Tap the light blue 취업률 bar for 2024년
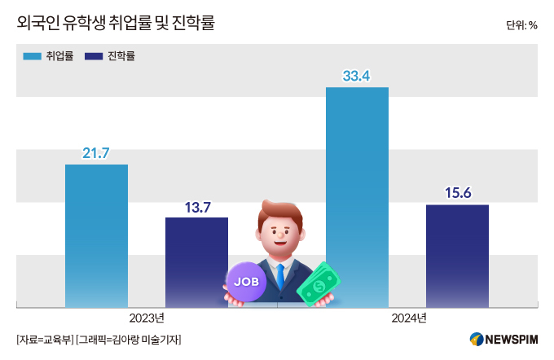pos(357,195)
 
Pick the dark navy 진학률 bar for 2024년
pos(457,255)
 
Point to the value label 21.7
pos(96,152)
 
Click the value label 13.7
pos(196,206)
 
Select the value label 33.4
pos(357,76)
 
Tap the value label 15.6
pos(457,193)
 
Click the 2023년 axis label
pos(147,318)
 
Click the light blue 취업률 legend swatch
pos(32,56)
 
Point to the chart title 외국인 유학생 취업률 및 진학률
pos(115,24)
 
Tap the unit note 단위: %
pos(521,25)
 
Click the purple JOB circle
pos(246,281)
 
